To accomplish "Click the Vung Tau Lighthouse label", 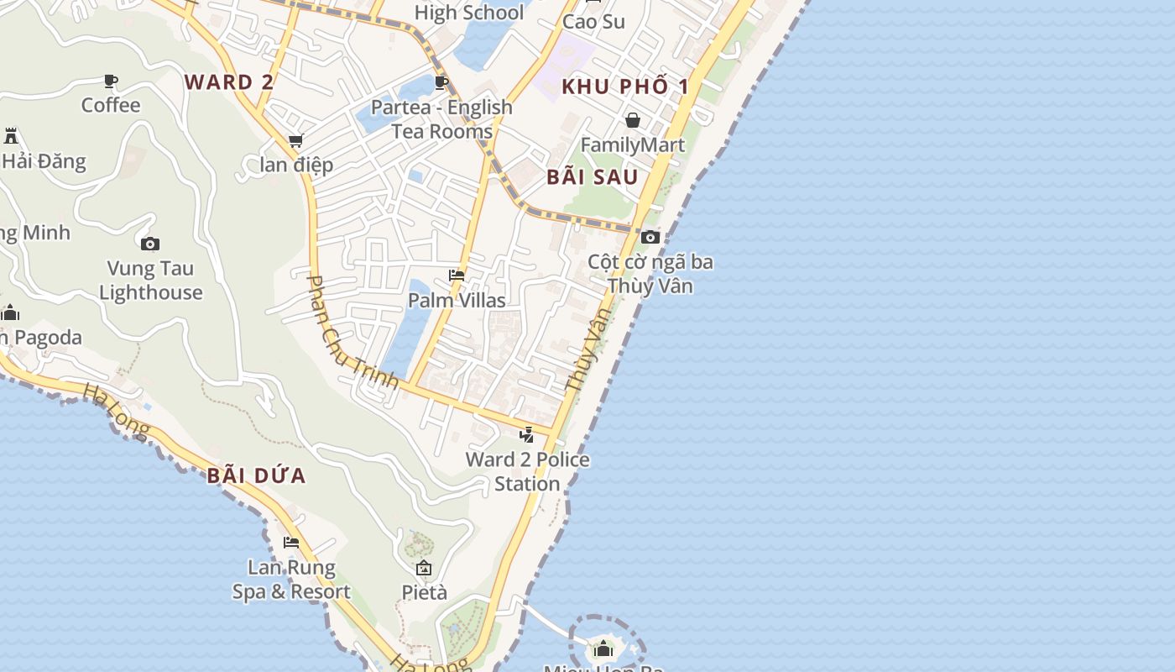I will (x=150, y=281).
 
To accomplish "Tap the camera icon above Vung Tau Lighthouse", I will (x=150, y=244).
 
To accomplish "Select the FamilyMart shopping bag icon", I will (x=633, y=120).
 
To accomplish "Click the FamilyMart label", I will (x=633, y=145).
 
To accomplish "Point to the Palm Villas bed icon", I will (x=457, y=276).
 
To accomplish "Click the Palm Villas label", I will (x=457, y=301).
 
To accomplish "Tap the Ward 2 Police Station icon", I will (x=527, y=434).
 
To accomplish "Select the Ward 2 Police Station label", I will (x=527, y=471).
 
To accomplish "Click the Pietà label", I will (x=424, y=592).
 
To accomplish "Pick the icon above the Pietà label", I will (x=424, y=568).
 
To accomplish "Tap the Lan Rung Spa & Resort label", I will (x=291, y=580).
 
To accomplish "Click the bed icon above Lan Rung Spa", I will (x=291, y=543).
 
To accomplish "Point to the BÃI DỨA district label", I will (x=256, y=476).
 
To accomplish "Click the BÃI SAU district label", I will (x=593, y=177).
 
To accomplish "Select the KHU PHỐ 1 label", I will (x=625, y=87).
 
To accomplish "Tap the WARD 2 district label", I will (x=229, y=82).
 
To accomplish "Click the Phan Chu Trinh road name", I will (x=352, y=333).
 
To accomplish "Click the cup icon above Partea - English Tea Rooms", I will (x=441, y=82).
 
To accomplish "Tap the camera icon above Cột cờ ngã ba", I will (x=650, y=238).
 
